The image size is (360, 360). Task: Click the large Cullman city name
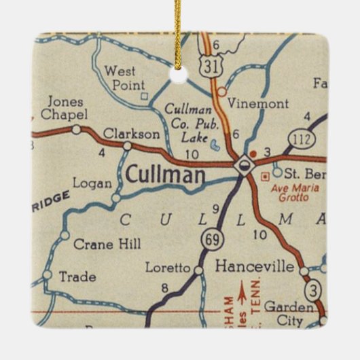(165, 176)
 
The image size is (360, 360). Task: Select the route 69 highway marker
(210, 240)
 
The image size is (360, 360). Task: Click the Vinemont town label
(257, 104)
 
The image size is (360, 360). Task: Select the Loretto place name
(168, 268)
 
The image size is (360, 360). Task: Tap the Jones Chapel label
(62, 109)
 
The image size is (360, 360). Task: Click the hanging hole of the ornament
(179, 74)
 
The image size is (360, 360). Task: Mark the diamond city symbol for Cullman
(242, 165)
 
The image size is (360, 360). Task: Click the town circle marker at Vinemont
(221, 90)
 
